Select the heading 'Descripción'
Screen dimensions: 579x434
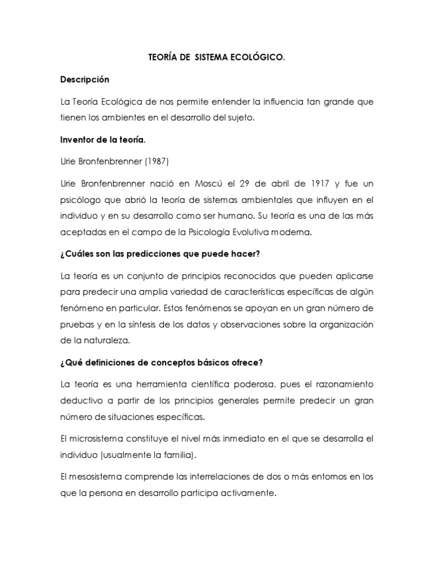coord(84,80)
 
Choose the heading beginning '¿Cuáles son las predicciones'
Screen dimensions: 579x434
coord(160,254)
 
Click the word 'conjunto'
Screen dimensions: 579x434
coord(149,276)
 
